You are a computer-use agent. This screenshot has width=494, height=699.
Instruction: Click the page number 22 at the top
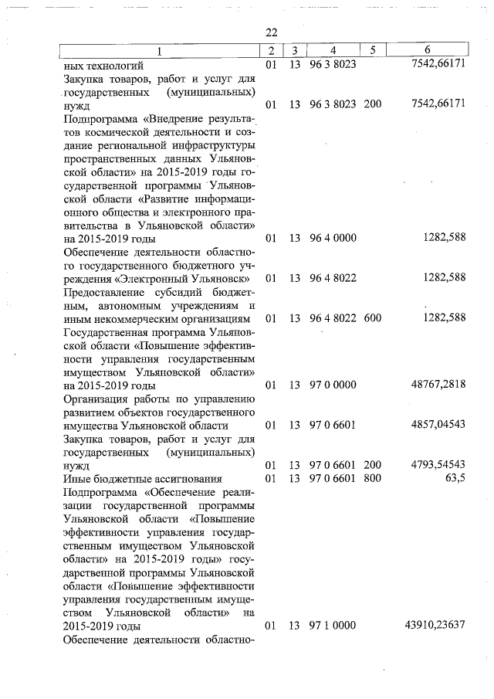pyautogui.click(x=270, y=32)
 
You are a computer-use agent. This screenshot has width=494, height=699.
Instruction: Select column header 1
pyautogui.click(x=160, y=50)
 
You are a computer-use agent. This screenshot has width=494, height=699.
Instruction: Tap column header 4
pyautogui.click(x=333, y=50)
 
